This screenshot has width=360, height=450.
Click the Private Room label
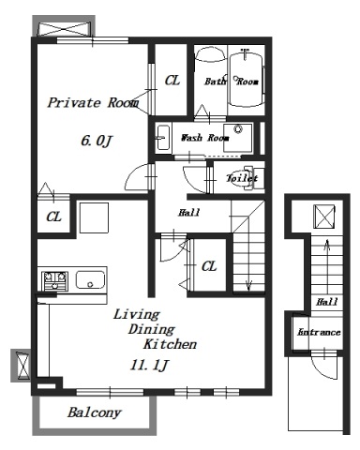(x=93, y=102)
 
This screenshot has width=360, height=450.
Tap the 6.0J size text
(x=96, y=141)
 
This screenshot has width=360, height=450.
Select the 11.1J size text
(x=149, y=365)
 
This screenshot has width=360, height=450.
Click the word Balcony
(x=94, y=412)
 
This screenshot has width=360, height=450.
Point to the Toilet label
(x=242, y=178)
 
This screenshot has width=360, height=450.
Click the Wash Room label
(x=205, y=138)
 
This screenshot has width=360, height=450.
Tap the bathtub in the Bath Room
(x=246, y=80)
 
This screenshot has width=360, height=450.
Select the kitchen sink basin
(x=90, y=279)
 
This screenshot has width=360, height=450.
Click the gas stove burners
(x=55, y=279)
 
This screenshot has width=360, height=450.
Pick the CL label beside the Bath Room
(x=172, y=81)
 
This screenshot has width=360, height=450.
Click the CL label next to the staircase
(x=209, y=266)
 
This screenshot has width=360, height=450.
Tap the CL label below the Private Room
(x=53, y=217)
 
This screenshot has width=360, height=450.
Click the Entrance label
(x=319, y=332)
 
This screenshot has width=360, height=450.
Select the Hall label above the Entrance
(x=327, y=302)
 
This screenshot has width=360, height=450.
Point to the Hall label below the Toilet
(x=189, y=213)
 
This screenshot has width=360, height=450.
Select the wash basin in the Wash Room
(x=163, y=138)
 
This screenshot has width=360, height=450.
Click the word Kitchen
(x=170, y=344)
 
